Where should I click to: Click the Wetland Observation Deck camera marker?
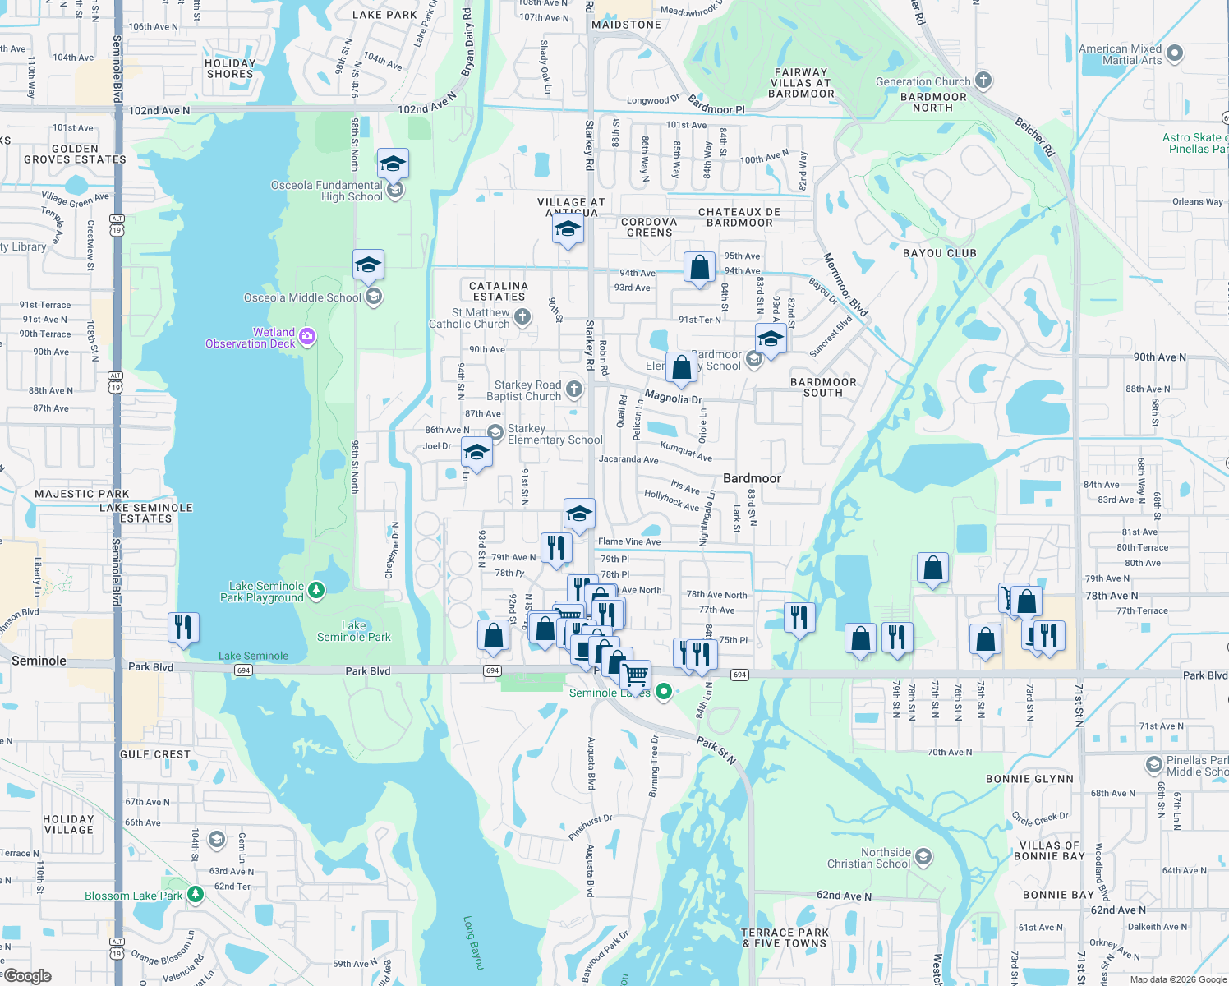point(307,336)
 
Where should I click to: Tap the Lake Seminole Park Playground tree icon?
point(315,590)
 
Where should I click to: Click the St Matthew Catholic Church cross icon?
point(522,316)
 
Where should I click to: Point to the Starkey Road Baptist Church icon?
point(574,389)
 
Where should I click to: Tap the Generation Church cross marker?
point(983,81)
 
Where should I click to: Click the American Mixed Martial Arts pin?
point(1175,53)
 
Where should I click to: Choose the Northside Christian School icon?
point(923,857)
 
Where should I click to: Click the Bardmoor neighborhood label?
point(752,478)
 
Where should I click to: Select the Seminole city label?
point(39,661)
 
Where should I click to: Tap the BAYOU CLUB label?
point(939,253)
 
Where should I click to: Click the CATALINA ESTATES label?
point(499,291)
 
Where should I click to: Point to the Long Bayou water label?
point(473,942)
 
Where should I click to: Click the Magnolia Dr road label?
point(673,398)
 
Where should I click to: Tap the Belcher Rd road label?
point(1034,137)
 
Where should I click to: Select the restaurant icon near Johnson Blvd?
point(183,627)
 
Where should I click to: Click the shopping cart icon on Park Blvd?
point(635,675)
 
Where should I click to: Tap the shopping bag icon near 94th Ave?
point(699,266)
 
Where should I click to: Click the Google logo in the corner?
point(28,976)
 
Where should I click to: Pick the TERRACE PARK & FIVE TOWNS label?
point(785,938)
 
